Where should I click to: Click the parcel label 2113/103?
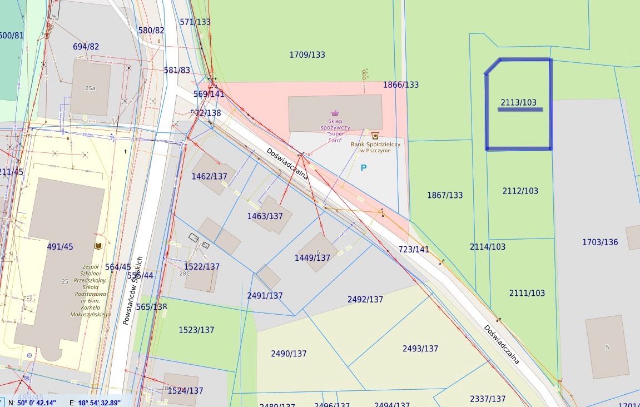pyautogui.click(x=518, y=102)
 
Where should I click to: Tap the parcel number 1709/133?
pyautogui.click(x=307, y=54)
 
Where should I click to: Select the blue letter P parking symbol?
pyautogui.click(x=364, y=167)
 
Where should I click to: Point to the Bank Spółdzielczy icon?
pyautogui.click(x=375, y=135)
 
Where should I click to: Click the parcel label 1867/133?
pyautogui.click(x=445, y=195)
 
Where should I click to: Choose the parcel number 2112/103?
pyautogui.click(x=520, y=191)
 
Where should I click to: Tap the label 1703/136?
pyautogui.click(x=600, y=242)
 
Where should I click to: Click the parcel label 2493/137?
pyautogui.click(x=420, y=349)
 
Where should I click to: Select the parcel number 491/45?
pyautogui.click(x=59, y=246)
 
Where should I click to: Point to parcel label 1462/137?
pyautogui.click(x=210, y=176)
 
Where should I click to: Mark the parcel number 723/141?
pyautogui.click(x=414, y=249)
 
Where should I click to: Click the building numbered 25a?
pyautogui.click(x=90, y=88)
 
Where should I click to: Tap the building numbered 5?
pyautogui.click(x=607, y=347)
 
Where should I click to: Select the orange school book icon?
pyautogui.click(x=98, y=246)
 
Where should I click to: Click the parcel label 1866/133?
pyautogui.click(x=401, y=85)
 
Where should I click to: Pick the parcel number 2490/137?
pyautogui.click(x=289, y=354)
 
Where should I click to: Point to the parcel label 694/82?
pyautogui.click(x=86, y=47)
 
